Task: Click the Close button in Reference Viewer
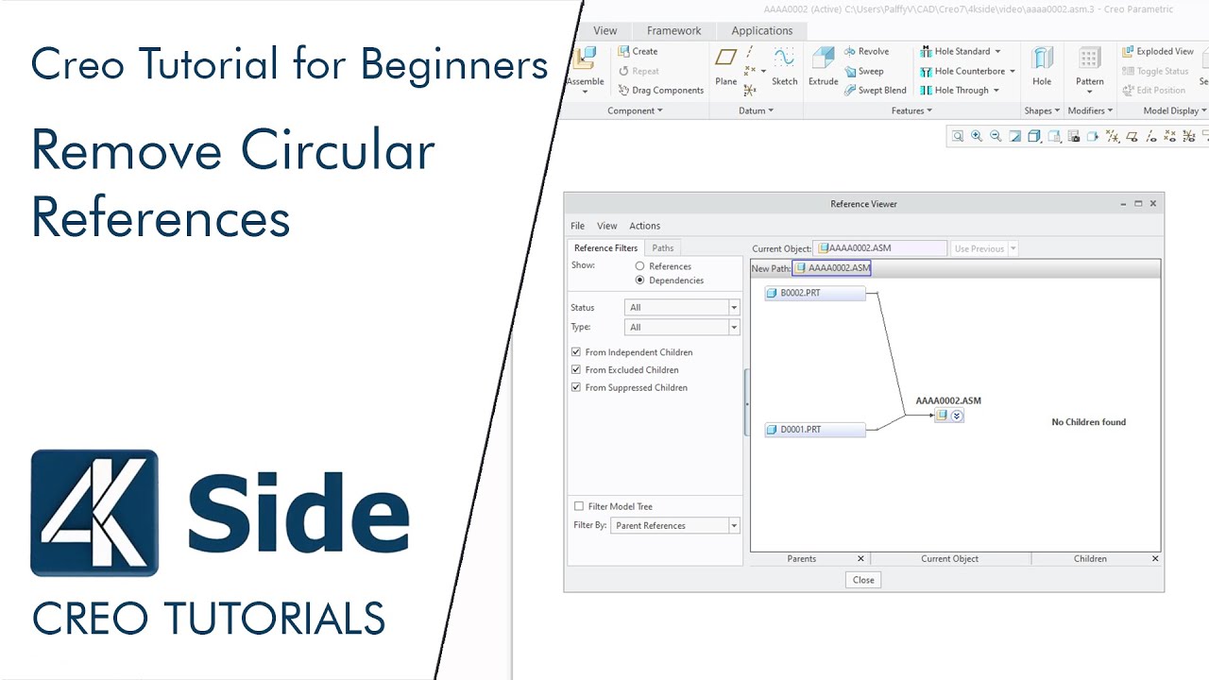862,580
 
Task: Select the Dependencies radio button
640,280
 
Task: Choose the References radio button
640,266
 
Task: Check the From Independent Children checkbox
576,352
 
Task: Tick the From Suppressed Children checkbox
576,387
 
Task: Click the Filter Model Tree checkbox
579,506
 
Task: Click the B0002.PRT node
814,293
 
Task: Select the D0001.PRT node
814,430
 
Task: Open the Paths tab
663,248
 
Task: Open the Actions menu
644,226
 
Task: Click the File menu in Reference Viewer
577,226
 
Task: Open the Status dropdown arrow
734,308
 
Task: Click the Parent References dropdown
674,525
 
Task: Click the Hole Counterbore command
968,71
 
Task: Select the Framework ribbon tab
673,30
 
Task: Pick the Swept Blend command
881,91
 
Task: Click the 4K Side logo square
94,513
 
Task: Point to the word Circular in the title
338,151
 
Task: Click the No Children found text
1088,422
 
